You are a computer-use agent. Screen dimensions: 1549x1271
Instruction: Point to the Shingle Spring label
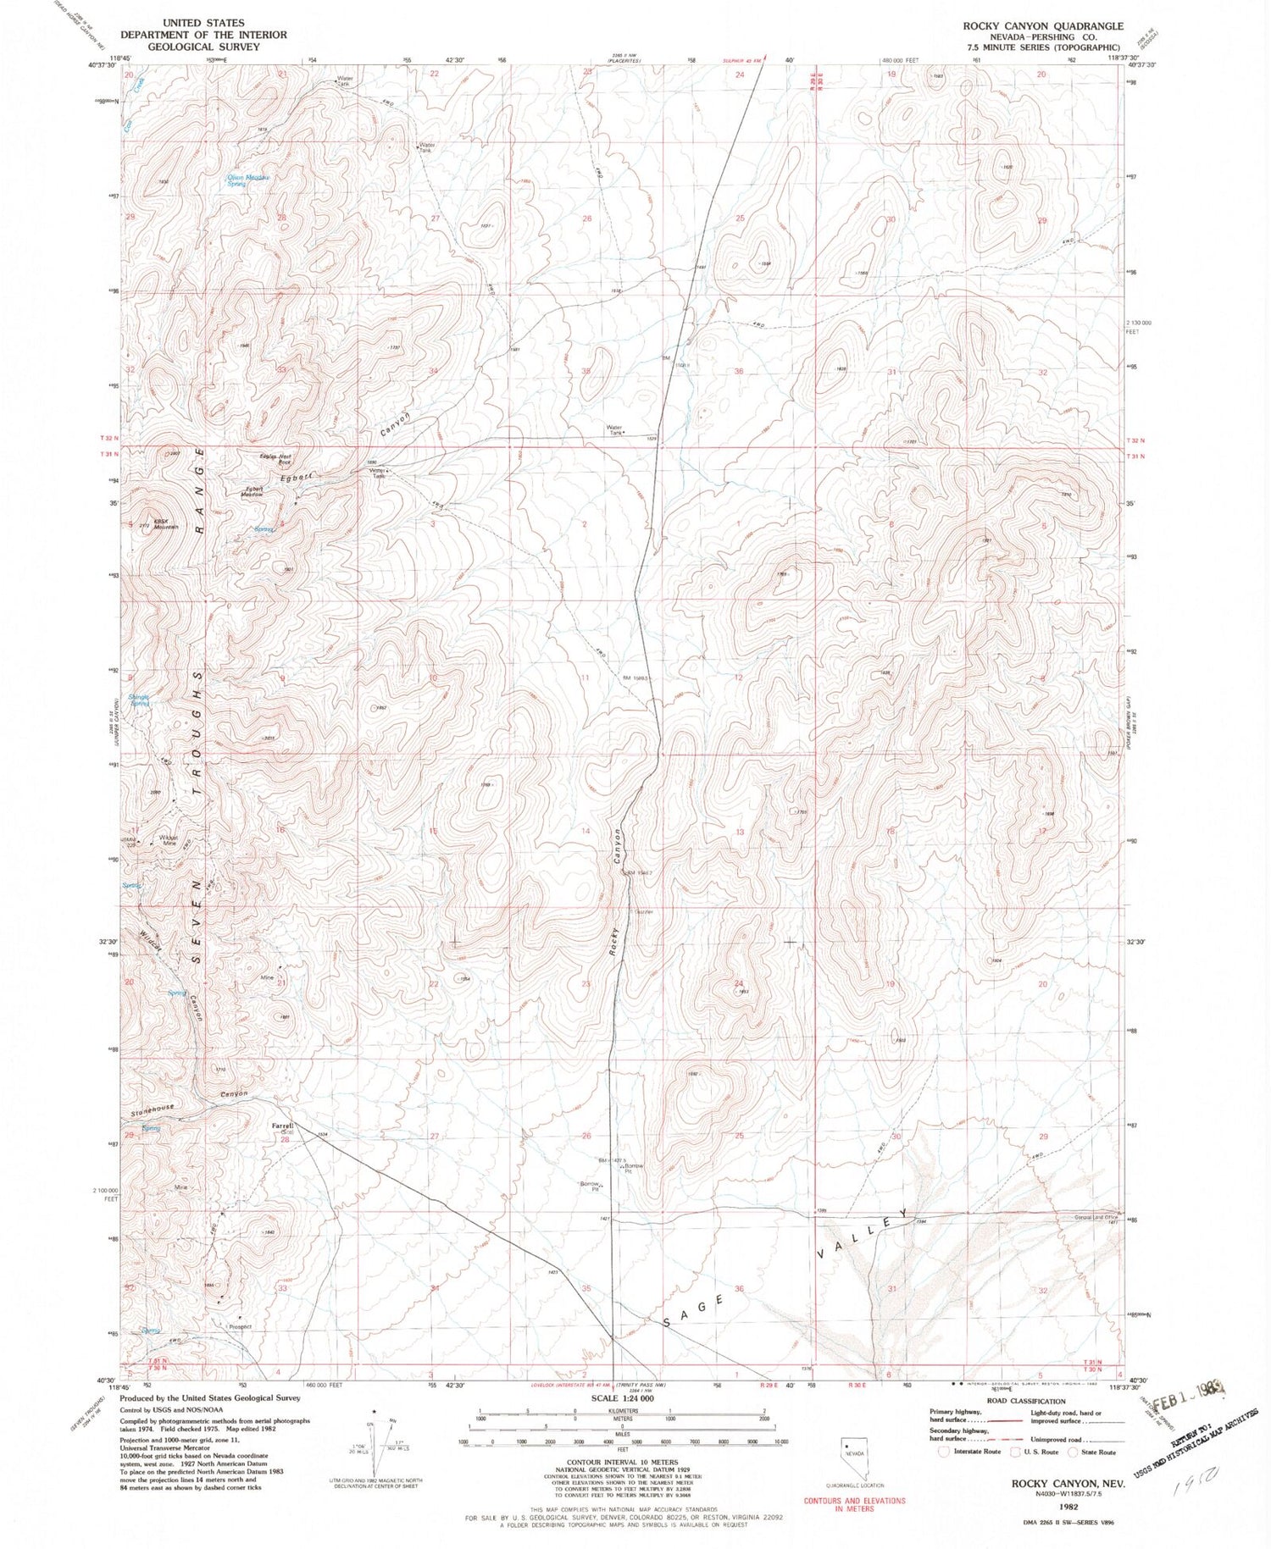click(140, 700)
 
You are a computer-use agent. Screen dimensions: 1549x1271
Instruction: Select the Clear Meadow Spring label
click(248, 180)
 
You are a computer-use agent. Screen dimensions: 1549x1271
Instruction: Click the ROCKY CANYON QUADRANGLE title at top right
click(1042, 26)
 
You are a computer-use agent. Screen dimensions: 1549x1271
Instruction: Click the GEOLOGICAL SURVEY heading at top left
click(203, 47)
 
